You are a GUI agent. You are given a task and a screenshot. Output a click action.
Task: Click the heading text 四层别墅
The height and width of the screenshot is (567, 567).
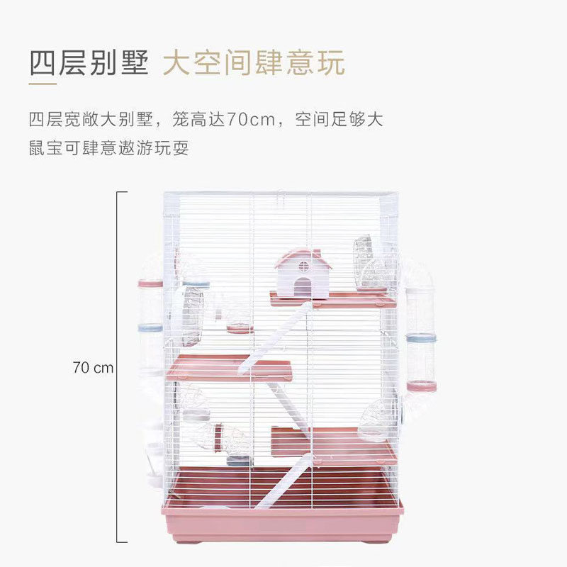(89, 63)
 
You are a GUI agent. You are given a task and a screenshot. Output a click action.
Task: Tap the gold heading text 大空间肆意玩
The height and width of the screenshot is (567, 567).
(254, 63)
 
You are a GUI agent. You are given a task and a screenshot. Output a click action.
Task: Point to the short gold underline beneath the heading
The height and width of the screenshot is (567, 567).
(43, 85)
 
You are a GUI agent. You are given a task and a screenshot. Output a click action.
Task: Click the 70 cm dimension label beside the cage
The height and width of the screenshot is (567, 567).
(92, 368)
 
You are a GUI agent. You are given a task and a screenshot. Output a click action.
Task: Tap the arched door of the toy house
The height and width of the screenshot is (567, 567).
(303, 286)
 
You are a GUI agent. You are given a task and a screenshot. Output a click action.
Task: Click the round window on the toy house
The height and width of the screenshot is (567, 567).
(303, 268)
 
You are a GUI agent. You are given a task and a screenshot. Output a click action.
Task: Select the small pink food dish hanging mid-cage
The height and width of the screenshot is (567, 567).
(240, 328)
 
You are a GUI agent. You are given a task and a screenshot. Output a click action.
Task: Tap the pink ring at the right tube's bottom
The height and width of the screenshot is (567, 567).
(422, 386)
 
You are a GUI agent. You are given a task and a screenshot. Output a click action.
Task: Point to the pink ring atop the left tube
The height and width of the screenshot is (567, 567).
(150, 283)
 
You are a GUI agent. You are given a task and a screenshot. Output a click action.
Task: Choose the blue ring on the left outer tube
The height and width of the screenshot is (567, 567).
(150, 329)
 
